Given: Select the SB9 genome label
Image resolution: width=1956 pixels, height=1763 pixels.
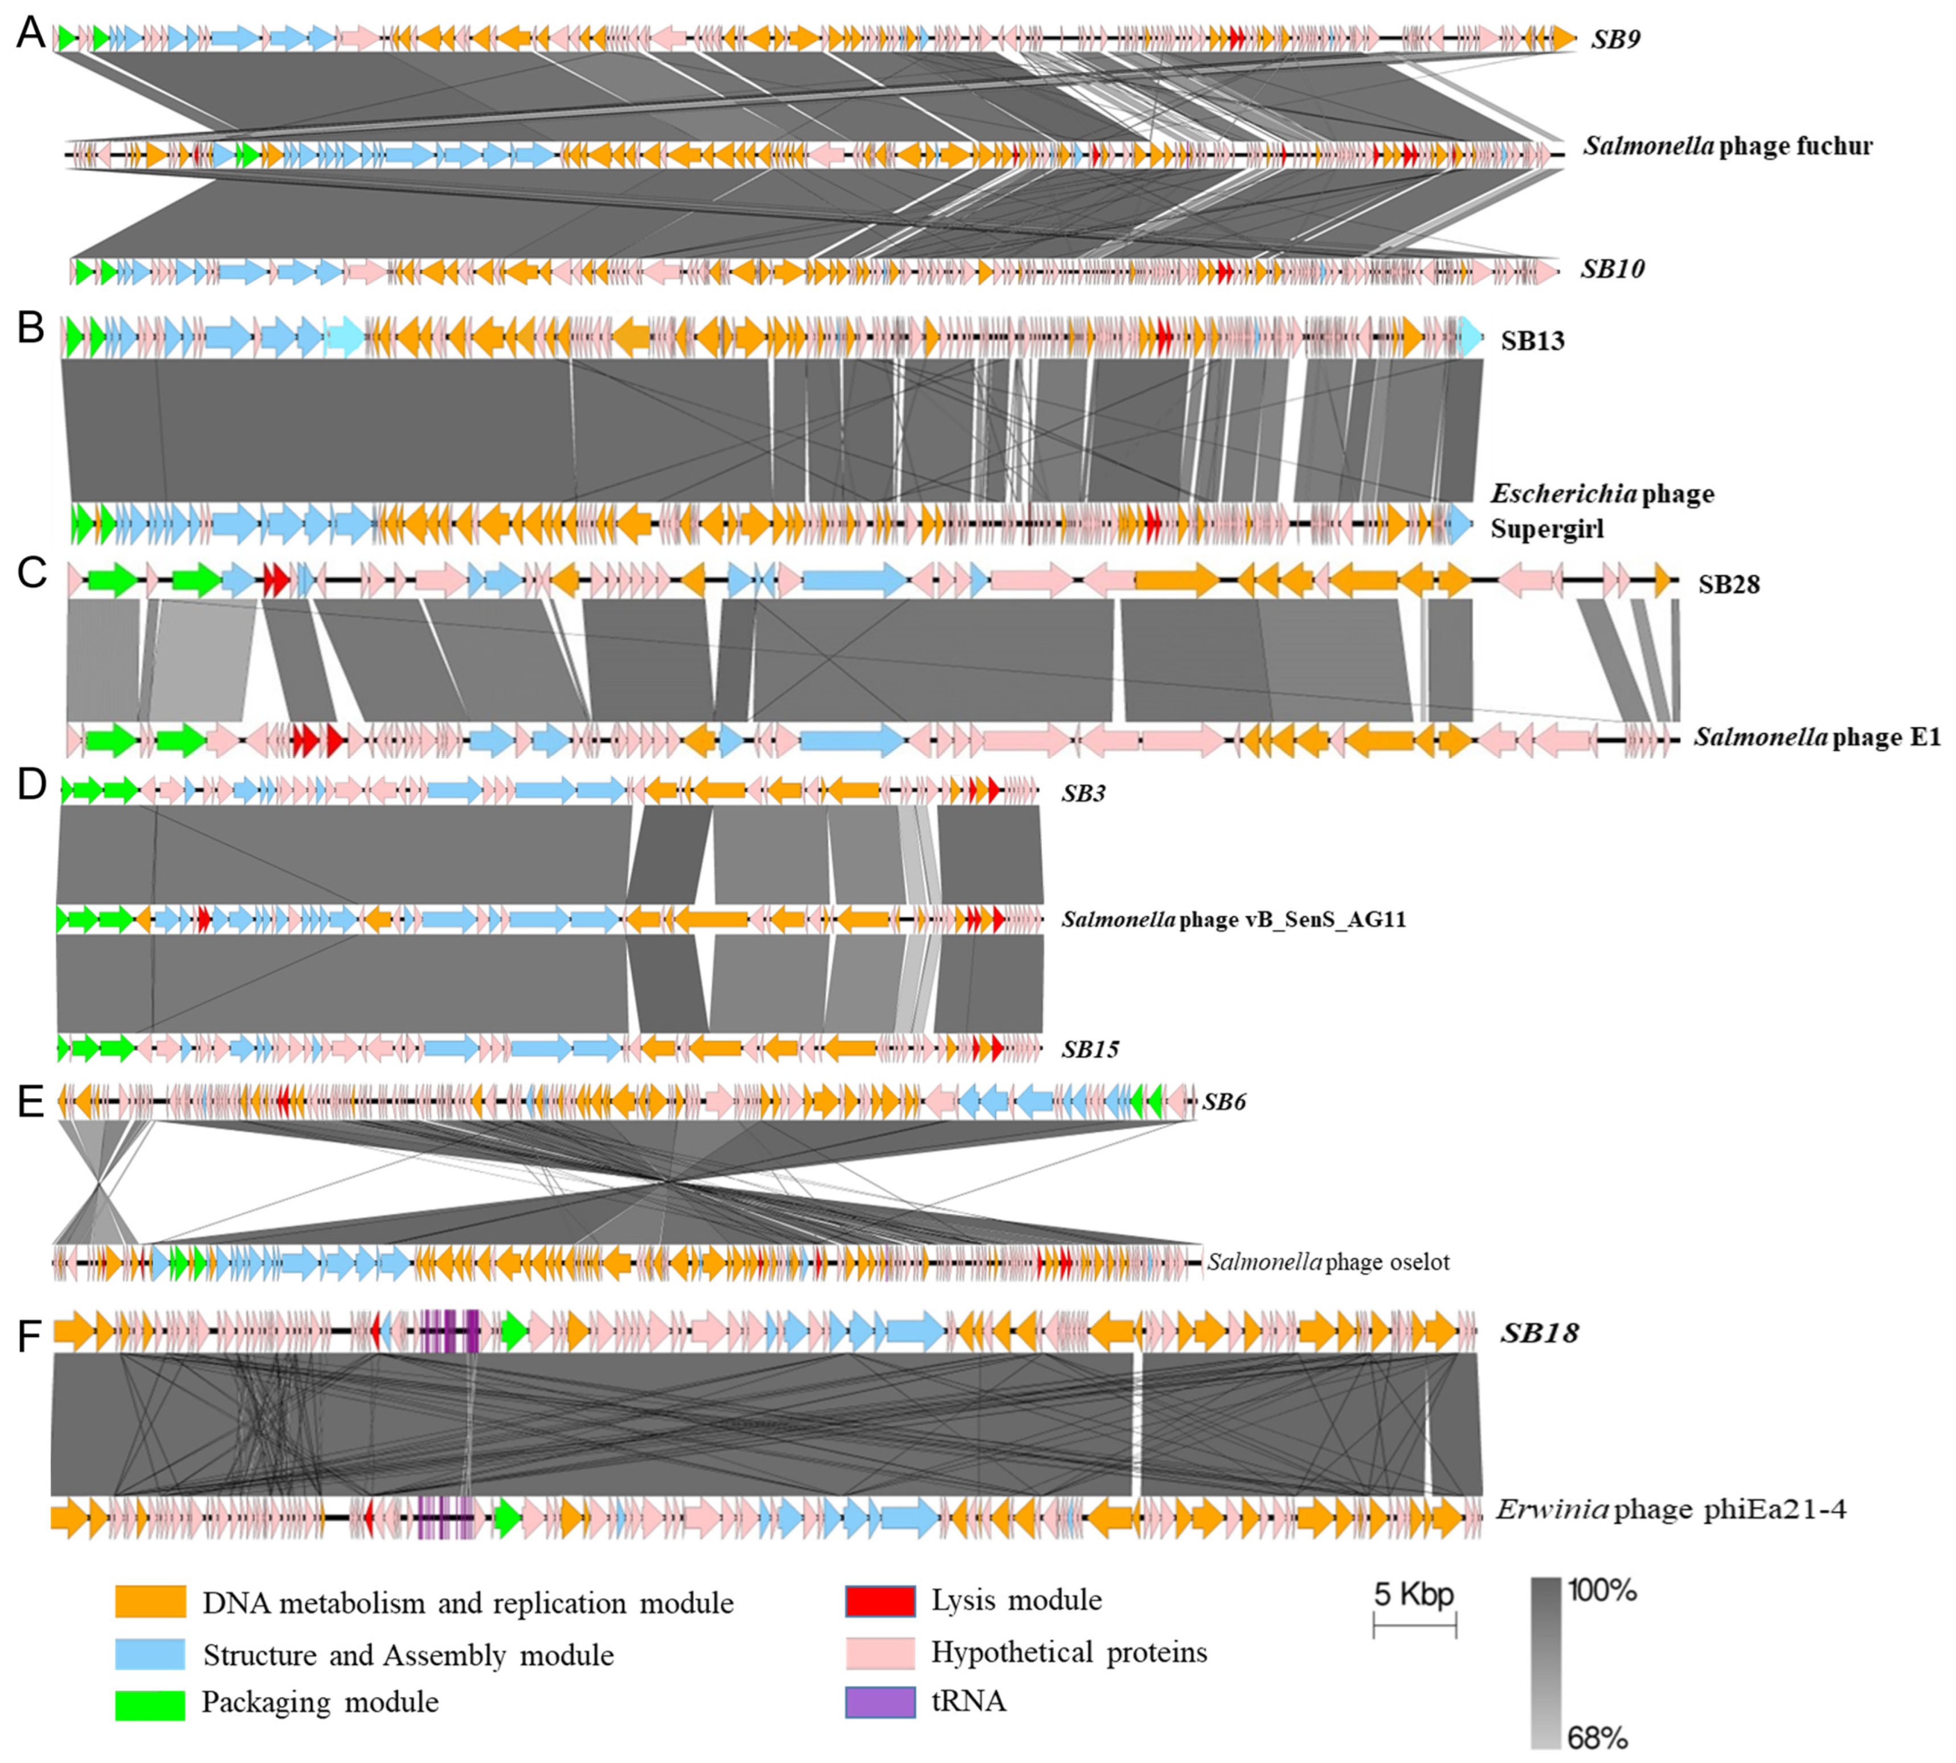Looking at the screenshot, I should click(x=1615, y=40).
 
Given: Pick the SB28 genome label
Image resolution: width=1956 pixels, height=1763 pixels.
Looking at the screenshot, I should click(x=1728, y=584).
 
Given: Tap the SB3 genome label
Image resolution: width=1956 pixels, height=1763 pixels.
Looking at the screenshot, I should click(x=1083, y=793).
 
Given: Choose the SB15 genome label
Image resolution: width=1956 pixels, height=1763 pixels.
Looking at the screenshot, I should click(x=1090, y=1049).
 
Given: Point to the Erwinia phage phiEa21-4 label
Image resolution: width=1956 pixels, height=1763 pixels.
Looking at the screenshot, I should click(x=1670, y=1509).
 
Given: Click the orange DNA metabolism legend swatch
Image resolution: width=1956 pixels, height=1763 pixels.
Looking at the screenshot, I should click(x=150, y=1601).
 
